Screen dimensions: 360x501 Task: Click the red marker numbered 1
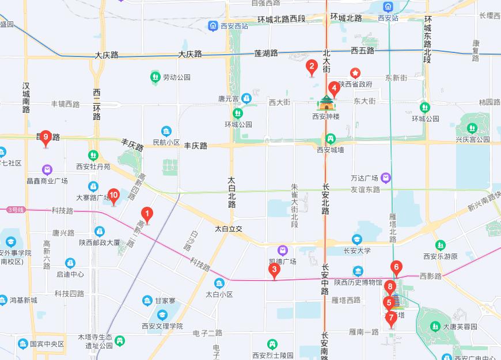coord(147,215)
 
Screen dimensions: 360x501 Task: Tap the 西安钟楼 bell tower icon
coord(326,104)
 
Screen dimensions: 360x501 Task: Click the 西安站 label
coord(388,18)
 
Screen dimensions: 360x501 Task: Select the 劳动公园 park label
coord(176,77)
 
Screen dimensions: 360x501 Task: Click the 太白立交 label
coord(229,229)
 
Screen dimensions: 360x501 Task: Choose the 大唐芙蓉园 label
coord(460,327)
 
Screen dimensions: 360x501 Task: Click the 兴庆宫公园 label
coord(472,139)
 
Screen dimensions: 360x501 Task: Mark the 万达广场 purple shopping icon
coord(385,177)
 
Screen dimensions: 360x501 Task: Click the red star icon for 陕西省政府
coord(356,74)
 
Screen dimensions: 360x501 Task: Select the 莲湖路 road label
coord(266,53)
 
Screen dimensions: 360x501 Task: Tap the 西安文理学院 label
coord(162,326)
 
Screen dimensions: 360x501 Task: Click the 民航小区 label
coord(166,142)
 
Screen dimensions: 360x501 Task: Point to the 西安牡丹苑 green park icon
coord(93,156)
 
